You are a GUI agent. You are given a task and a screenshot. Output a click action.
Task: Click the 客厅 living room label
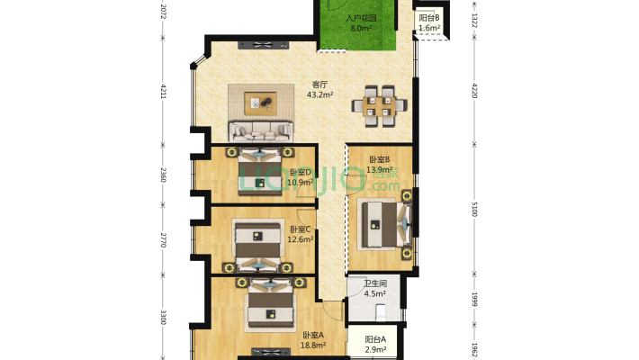(x=319, y=85)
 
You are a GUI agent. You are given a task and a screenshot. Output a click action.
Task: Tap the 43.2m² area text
(x=319, y=95)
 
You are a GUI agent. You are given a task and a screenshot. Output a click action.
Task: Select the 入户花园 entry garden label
(x=361, y=18)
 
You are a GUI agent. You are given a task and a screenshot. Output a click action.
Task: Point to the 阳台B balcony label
(x=429, y=18)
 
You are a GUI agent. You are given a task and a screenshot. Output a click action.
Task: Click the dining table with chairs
(x=380, y=106)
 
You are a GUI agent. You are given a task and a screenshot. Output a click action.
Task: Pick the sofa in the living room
(x=261, y=131)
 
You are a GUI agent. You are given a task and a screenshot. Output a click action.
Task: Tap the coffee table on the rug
(x=260, y=103)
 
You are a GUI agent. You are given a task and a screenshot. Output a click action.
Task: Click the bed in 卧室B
(x=384, y=224)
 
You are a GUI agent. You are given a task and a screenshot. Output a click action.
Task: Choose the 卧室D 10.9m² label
(x=301, y=177)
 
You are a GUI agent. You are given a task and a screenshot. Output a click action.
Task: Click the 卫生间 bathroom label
(x=375, y=283)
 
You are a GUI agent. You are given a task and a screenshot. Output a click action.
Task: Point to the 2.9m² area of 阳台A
(x=375, y=349)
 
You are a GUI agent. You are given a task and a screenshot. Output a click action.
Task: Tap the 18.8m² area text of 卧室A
(x=313, y=346)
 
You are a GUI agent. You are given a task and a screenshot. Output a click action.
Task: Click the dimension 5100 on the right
(x=474, y=209)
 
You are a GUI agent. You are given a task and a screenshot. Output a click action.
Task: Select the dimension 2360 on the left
(x=163, y=175)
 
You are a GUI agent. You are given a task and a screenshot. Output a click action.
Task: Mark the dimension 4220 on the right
(x=474, y=91)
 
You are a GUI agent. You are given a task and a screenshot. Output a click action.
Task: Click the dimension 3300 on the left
(x=163, y=317)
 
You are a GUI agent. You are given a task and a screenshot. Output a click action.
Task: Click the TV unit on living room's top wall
(x=263, y=45)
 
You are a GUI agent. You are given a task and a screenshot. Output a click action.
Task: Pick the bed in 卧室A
(x=271, y=303)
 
